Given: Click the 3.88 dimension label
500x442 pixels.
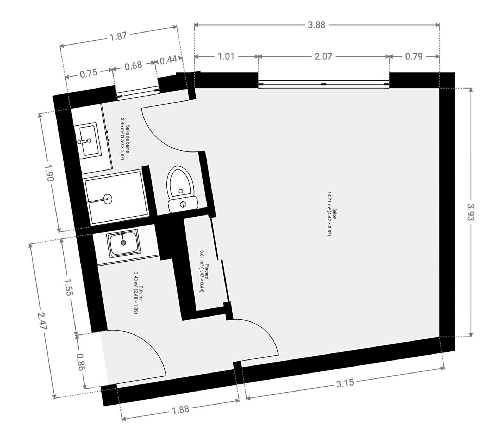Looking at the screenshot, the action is point(317,25).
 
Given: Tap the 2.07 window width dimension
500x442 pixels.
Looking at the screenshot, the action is point(323,56).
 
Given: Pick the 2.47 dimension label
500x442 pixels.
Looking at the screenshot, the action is point(42,321).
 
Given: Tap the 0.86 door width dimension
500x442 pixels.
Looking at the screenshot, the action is point(80,362).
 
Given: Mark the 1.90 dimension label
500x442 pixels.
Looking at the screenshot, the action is point(49,173).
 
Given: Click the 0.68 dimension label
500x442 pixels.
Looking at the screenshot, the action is point(133,66).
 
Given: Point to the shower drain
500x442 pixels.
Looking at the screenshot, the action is point(108,199).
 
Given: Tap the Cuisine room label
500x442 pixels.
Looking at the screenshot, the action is point(138,293).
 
